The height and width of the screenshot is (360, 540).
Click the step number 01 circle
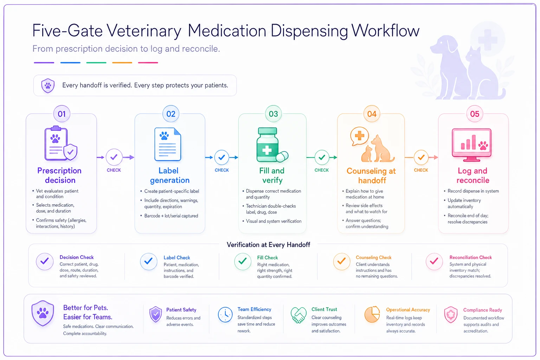62,114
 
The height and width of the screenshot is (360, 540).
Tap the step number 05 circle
474,114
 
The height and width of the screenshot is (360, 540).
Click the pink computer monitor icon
471,145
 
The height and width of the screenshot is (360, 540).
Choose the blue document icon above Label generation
168,144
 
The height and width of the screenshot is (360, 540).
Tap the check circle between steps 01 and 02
114,157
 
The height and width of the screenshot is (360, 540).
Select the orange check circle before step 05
421,157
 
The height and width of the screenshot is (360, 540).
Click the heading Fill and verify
272,175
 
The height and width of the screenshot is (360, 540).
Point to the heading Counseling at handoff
371,175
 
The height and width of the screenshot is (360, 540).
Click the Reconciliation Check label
471,257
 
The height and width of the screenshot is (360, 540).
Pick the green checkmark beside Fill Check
243,261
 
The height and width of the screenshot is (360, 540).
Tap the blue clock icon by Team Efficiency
225,315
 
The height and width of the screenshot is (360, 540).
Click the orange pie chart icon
372,314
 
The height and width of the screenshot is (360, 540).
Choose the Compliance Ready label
483,310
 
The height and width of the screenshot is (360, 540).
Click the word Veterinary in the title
144,31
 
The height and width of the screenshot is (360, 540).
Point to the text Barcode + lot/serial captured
171,216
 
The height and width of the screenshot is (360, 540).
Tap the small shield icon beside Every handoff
48,85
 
